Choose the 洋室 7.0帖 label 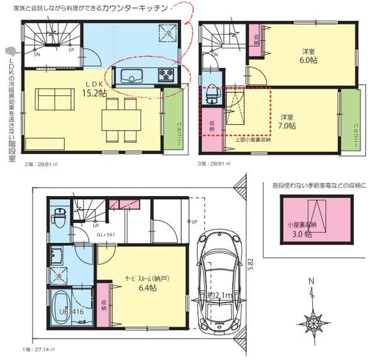coord(288,121)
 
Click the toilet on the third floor coord(211,94)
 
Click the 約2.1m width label coord(222,295)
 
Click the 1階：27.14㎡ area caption coord(35,347)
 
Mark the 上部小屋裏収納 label coord(252,140)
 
